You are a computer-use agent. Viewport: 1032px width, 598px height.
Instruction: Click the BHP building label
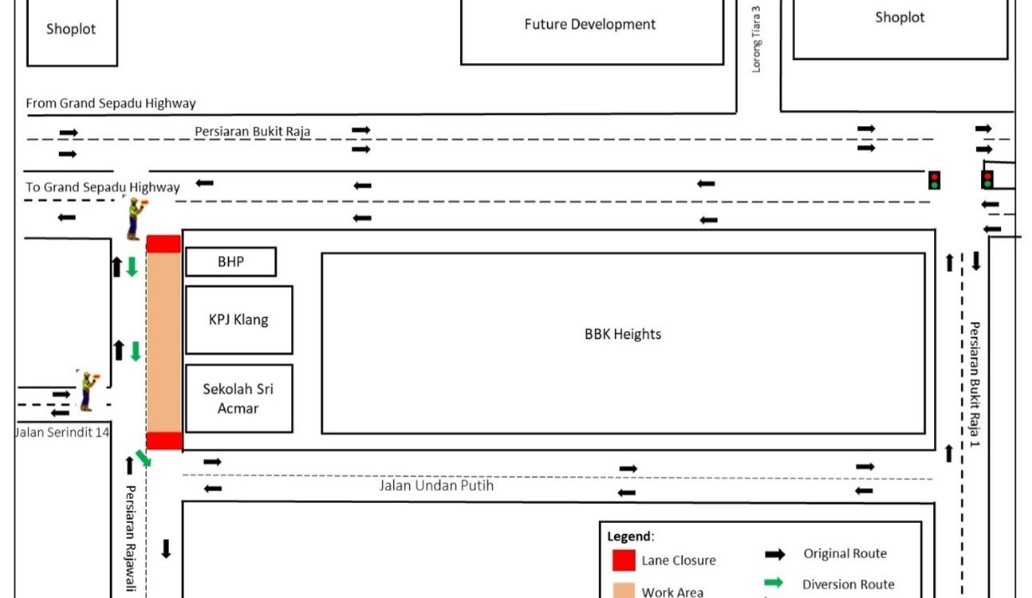point(230,262)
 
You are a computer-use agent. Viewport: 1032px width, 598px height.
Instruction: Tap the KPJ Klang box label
point(238,320)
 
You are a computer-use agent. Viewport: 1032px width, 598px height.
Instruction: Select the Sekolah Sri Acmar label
point(238,399)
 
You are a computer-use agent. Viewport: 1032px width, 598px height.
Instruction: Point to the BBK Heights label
point(623,334)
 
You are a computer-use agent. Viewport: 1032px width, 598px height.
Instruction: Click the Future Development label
point(589,24)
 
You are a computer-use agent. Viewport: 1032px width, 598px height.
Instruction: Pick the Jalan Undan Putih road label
point(436,486)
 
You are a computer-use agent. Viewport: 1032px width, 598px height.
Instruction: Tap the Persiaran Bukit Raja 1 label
point(974,384)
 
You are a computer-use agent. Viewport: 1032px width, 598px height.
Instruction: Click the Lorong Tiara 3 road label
point(756,39)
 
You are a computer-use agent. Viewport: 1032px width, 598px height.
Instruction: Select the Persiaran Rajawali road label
point(131,538)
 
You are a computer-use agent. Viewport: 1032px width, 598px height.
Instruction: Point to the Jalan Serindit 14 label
point(62,433)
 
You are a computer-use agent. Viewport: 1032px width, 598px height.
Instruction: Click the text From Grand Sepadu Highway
point(111,103)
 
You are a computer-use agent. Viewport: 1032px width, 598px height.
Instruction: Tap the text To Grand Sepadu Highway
point(102,187)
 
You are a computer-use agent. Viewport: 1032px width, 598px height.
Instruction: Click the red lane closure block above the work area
point(163,244)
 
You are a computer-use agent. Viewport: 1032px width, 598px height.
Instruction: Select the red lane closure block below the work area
point(164,441)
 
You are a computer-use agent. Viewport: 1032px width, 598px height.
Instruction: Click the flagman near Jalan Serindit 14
point(87,391)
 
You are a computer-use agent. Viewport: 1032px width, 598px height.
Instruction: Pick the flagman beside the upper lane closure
point(136,218)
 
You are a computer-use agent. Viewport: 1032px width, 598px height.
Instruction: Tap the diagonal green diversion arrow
point(144,458)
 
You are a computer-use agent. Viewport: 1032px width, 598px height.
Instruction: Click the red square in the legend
point(624,561)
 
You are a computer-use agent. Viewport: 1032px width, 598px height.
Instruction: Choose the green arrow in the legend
point(774,582)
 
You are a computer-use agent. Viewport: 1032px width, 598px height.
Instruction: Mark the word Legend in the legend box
point(629,537)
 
